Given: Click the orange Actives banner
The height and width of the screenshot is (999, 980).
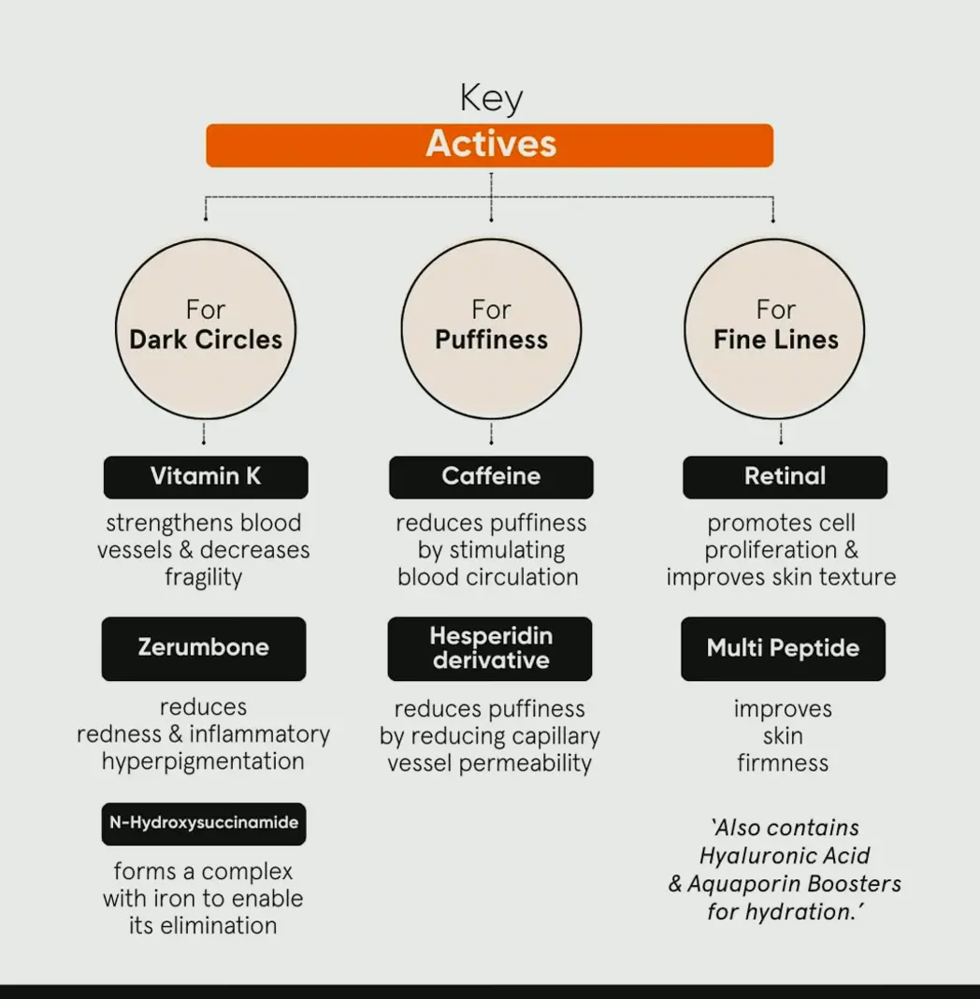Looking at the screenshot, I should tap(489, 145).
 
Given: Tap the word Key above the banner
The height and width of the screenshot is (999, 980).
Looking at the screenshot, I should tap(491, 98).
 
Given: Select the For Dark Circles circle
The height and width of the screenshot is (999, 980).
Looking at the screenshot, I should tap(206, 328).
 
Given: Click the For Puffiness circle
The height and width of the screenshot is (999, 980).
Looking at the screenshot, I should tap(491, 328).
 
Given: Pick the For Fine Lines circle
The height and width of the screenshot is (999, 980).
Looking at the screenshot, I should tap(775, 328).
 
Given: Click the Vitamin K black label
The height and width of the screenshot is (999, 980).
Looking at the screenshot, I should tap(206, 477).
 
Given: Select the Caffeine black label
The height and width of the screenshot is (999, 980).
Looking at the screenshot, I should tap(491, 477).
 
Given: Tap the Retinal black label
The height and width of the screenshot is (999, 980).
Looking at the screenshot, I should tap(785, 477).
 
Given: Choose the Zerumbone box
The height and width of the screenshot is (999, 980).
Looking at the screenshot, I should tap(204, 648).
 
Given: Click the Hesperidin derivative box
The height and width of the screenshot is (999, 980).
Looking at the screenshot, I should tap(490, 648).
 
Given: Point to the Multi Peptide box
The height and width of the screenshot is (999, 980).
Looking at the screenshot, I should tap(783, 648).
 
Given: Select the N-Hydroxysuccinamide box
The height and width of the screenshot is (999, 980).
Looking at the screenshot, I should tap(204, 824).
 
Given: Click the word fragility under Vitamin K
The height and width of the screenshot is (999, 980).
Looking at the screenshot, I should tap(204, 577).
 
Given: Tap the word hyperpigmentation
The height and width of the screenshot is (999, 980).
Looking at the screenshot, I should tap(203, 761).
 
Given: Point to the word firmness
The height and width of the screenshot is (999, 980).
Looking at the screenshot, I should tap(783, 763).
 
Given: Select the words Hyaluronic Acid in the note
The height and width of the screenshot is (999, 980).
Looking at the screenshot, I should tap(785, 856).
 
